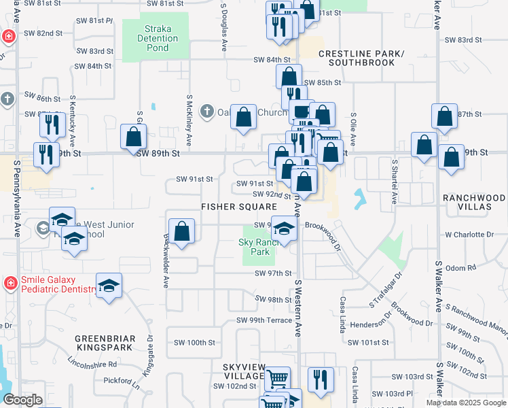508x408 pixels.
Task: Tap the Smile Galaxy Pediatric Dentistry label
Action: pyautogui.click(x=50, y=284)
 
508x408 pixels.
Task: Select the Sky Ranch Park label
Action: pyautogui.click(x=255, y=247)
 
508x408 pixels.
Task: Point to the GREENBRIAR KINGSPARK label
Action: pyautogui.click(x=105, y=343)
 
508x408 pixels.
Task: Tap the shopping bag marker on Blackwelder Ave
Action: pyautogui.click(x=182, y=231)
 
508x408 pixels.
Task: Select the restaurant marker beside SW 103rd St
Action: pyautogui.click(x=320, y=379)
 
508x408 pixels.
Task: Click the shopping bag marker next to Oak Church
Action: pyautogui.click(x=244, y=117)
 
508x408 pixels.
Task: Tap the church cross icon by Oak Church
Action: pyautogui.click(x=208, y=111)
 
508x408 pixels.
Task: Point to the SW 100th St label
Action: pyautogui.click(x=195, y=342)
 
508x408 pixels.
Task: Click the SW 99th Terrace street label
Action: pyautogui.click(x=264, y=320)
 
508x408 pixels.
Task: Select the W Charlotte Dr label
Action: pyautogui.click(x=469, y=235)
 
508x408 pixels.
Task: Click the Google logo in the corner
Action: pyautogui.click(x=23, y=399)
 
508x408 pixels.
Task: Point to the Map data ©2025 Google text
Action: pyautogui.click(x=465, y=403)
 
